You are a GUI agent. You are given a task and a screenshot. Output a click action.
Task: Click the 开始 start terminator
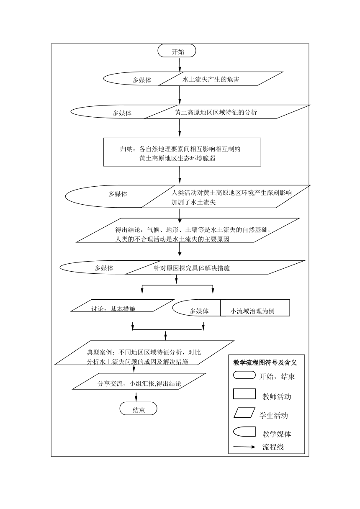(177, 51)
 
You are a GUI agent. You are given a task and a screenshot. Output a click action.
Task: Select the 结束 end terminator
(138, 409)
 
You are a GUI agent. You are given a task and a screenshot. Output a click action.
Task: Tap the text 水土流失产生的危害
(211, 80)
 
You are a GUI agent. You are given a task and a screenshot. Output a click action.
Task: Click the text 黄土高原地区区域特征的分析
(216, 113)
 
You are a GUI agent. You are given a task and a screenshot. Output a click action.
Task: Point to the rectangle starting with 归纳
(182, 152)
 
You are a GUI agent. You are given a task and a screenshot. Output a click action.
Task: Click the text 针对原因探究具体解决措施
(192, 268)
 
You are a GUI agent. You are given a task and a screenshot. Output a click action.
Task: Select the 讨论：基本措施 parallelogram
(123, 306)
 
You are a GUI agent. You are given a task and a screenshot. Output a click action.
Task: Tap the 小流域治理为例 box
(255, 308)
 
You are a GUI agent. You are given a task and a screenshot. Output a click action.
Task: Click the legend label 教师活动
(277, 397)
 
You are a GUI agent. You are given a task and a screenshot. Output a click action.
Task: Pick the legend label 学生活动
(273, 416)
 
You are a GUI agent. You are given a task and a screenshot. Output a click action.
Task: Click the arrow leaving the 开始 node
(180, 65)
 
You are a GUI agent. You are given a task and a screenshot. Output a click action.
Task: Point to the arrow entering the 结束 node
(136, 397)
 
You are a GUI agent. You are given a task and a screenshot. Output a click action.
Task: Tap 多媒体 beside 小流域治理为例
(199, 311)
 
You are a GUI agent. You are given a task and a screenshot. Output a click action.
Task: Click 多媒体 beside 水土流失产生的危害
(142, 80)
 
